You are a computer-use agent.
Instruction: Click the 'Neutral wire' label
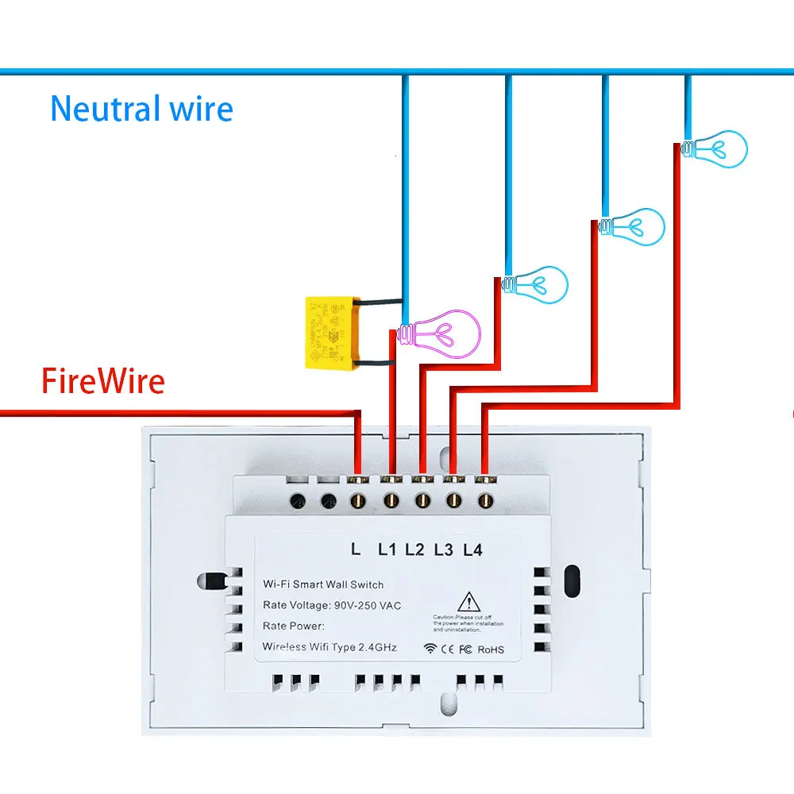(x=141, y=109)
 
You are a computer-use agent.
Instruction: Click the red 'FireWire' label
(x=103, y=381)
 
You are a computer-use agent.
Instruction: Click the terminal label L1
(x=387, y=549)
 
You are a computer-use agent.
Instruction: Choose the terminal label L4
(x=472, y=549)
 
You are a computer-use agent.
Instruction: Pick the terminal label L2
(x=414, y=549)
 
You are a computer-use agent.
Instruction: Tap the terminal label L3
(x=444, y=549)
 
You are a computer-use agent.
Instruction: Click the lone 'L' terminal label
(x=355, y=549)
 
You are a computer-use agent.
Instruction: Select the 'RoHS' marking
(x=491, y=649)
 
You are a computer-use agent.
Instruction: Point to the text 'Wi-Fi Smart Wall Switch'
(x=323, y=584)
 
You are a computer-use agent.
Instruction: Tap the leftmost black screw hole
(x=299, y=501)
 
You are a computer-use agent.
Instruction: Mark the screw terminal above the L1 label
(x=390, y=501)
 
